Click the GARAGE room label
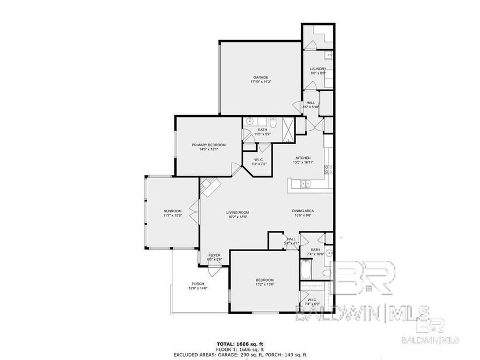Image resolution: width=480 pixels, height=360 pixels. (x=260, y=77)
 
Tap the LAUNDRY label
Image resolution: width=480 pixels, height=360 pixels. (x=318, y=69)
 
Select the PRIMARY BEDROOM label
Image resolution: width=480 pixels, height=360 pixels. (x=209, y=145)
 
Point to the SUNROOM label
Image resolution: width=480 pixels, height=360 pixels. (x=173, y=211)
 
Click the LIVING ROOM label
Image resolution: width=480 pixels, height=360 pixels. (x=238, y=213)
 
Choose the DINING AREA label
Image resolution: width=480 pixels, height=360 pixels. (x=302, y=211)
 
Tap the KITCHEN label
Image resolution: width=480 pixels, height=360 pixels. (x=303, y=158)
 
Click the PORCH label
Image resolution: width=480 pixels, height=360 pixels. (x=198, y=284)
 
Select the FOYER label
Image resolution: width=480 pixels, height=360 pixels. (x=214, y=255)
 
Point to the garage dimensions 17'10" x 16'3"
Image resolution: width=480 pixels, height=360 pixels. (x=260, y=82)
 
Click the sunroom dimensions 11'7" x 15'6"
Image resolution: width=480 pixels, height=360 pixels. (x=173, y=216)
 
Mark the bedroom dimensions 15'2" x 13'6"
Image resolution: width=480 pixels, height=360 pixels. (x=265, y=285)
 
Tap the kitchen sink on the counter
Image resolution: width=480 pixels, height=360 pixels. (x=306, y=185)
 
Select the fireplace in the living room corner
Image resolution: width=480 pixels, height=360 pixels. (x=210, y=187)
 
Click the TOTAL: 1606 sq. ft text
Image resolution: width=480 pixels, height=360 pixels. (x=239, y=343)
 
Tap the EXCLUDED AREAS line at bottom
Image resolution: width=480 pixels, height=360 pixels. (x=239, y=354)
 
